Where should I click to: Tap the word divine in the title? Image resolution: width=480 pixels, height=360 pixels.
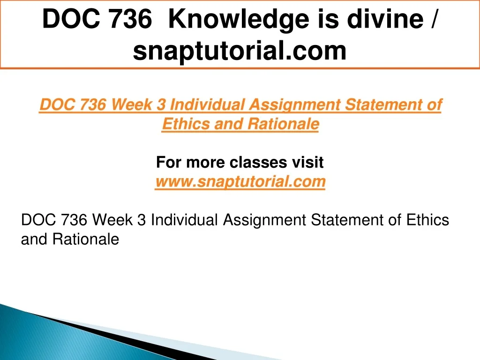point(385,19)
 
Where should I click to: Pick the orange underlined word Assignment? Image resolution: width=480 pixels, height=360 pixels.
point(294,105)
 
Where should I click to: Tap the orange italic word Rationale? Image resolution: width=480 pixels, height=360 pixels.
point(283,124)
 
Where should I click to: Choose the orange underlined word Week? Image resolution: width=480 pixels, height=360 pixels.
point(131,105)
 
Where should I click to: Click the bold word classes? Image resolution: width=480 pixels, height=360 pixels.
point(258,162)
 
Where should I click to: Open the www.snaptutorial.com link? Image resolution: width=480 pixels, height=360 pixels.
point(240,181)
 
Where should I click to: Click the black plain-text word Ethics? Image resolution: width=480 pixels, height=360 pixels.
point(427,220)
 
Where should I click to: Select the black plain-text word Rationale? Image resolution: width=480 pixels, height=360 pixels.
point(86,239)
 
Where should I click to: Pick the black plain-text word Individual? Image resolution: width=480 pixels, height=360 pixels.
point(184,220)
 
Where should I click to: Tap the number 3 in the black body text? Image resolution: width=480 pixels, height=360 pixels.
point(142,220)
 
